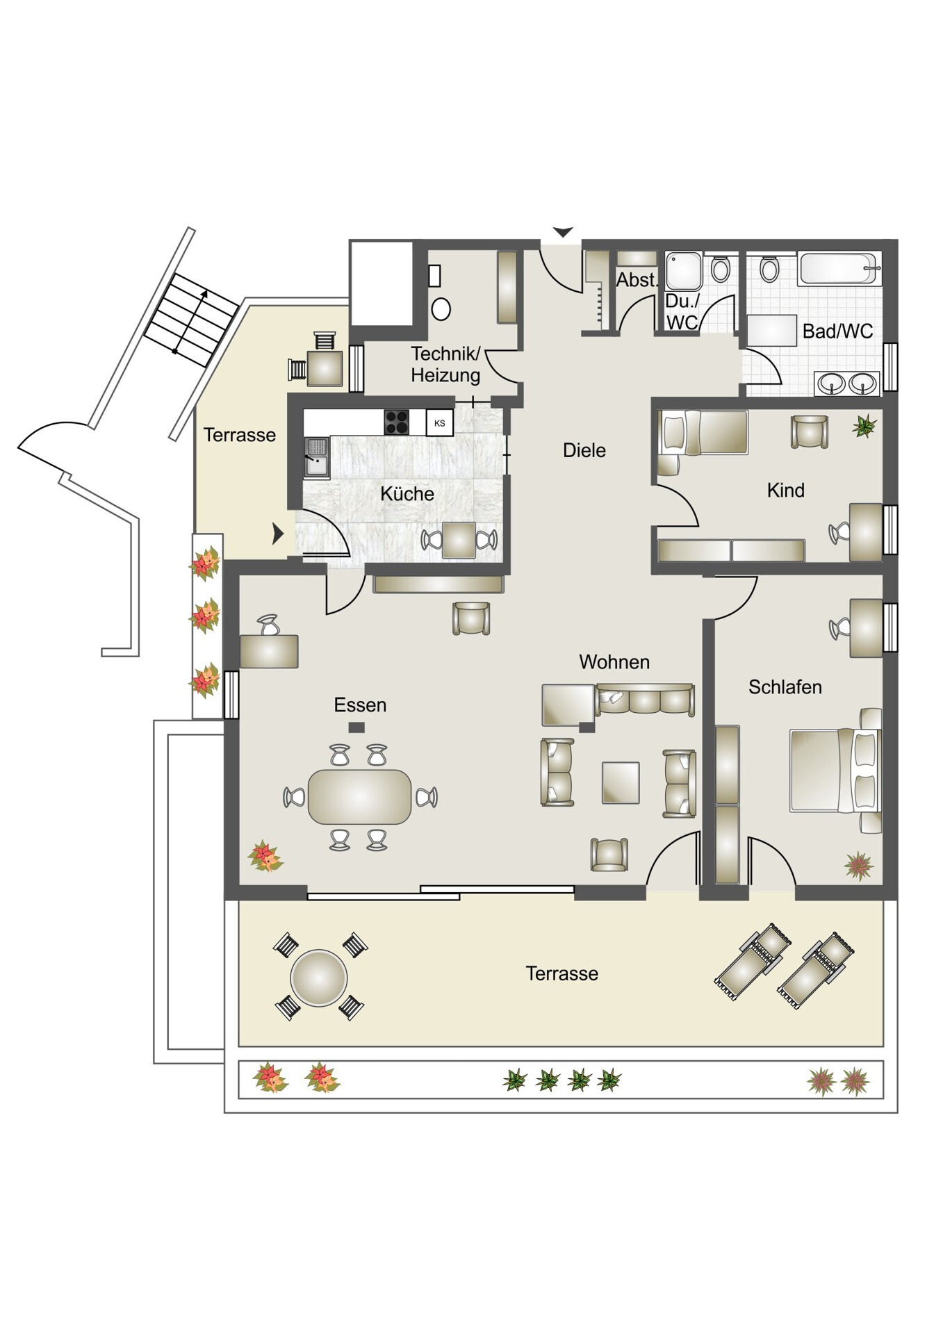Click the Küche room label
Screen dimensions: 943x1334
tap(407, 494)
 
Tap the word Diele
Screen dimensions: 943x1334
tap(584, 450)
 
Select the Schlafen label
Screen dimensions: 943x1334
tap(785, 687)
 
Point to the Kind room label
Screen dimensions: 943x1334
tap(786, 491)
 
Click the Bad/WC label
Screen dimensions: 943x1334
tap(838, 331)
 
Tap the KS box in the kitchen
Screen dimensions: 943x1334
tap(439, 422)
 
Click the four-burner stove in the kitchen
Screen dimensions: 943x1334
tap(397, 422)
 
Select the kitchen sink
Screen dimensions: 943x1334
tap(317, 456)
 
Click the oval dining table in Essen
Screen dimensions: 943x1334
tap(360, 796)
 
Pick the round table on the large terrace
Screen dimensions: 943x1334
tap(319, 978)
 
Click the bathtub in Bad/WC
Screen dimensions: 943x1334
tap(839, 268)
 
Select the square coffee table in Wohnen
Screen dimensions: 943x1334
tap(621, 782)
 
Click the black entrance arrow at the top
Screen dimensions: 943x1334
tap(563, 232)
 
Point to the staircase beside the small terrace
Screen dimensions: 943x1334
tap(191, 320)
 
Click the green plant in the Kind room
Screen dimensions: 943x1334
tap(864, 425)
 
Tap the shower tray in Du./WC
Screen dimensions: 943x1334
tap(684, 271)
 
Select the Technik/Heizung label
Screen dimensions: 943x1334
tap(445, 365)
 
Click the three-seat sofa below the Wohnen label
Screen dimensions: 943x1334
tap(645, 700)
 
